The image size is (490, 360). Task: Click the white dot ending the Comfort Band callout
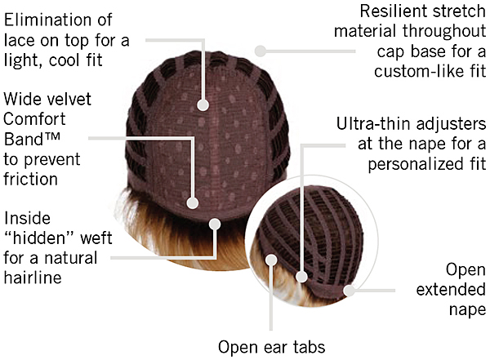point(194,202)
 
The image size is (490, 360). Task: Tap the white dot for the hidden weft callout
point(214,223)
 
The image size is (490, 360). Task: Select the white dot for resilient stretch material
point(261,50)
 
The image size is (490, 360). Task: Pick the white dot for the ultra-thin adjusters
point(300,278)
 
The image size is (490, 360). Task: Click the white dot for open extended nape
point(349,289)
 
